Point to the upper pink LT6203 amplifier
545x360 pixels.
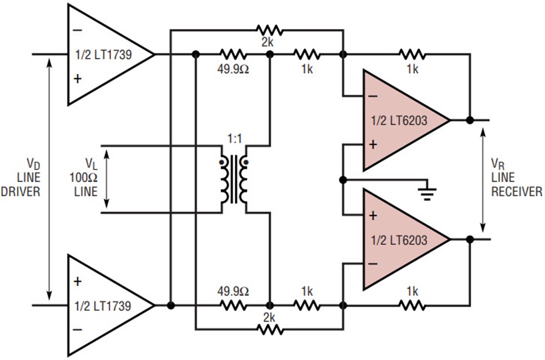[x=403, y=120]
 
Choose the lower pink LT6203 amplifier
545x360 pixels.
[x=403, y=240]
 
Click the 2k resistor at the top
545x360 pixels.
[x=268, y=30]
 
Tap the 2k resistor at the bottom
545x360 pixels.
[x=268, y=330]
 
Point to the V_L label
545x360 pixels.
[x=90, y=163]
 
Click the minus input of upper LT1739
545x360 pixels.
[x=77, y=28]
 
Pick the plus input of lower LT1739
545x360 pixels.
[x=77, y=281]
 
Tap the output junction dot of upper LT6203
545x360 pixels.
[x=469, y=120]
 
